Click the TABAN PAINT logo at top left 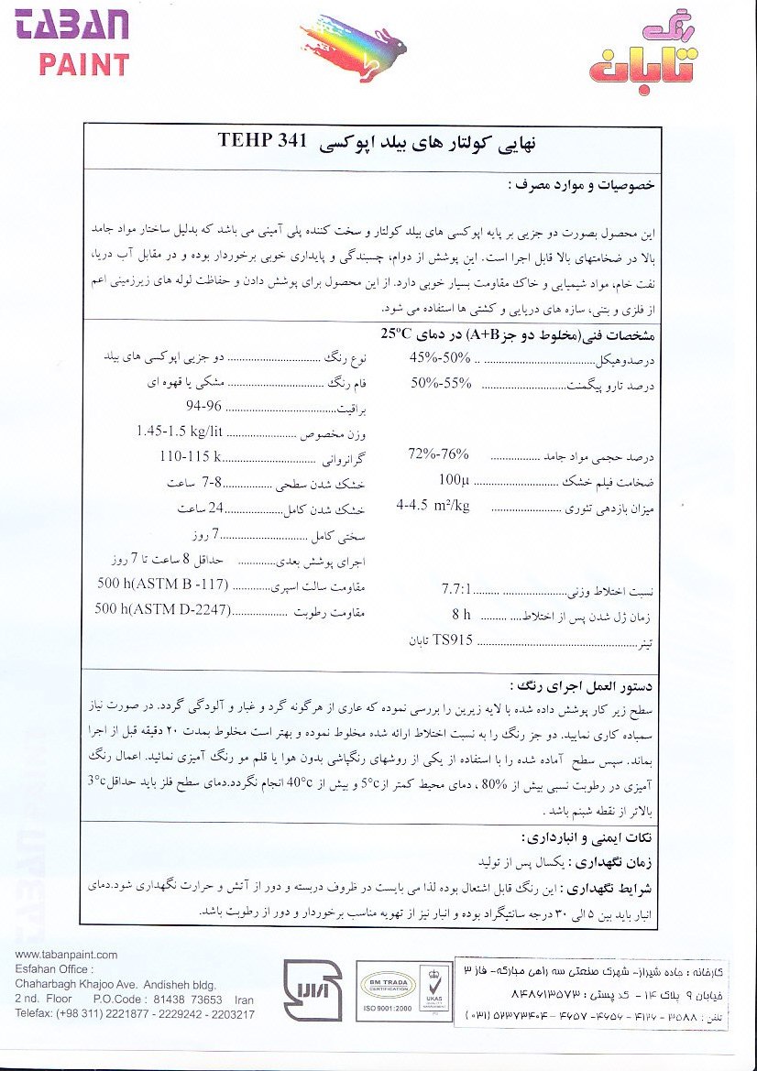point(71,38)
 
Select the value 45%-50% point(438,357)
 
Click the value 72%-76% point(437,454)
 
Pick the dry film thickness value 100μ point(454,478)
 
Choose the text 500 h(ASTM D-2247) point(159,608)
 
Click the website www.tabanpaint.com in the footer point(67,955)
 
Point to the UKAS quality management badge point(431,988)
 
